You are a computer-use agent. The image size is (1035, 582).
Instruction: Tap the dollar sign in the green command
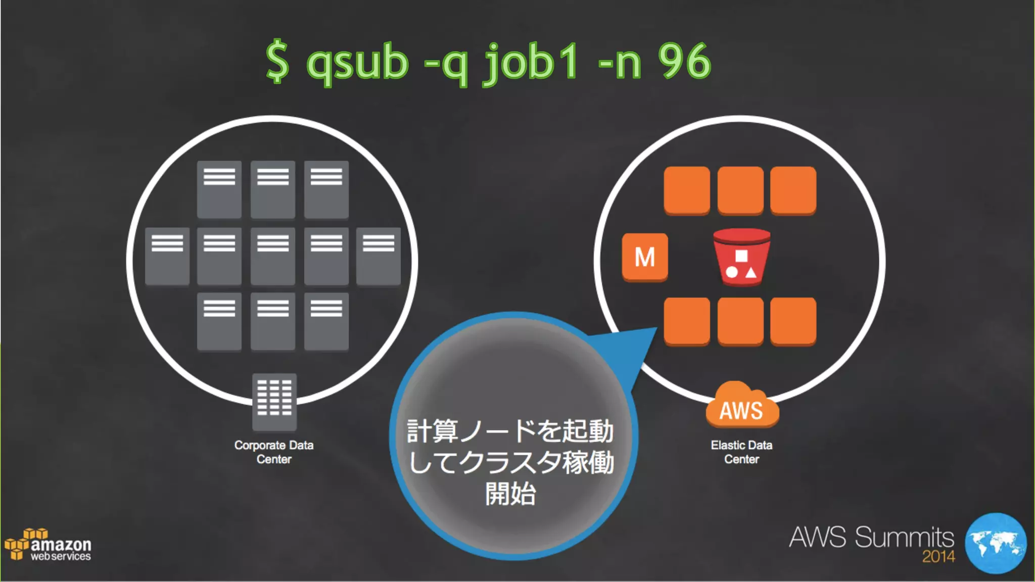277,62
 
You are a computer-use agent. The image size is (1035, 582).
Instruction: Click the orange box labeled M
644,257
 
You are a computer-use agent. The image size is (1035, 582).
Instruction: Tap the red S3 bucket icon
741,257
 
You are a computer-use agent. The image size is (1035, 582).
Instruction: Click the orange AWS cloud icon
741,405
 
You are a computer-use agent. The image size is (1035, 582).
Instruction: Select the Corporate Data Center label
274,452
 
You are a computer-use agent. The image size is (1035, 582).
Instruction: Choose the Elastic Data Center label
741,452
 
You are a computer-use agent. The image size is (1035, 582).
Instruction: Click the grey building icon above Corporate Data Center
274,401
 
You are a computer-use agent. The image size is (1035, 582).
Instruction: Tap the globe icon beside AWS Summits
995,543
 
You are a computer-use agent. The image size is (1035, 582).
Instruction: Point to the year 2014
938,557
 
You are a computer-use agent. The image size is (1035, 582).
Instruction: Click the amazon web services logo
49,546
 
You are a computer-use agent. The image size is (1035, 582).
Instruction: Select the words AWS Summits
871,537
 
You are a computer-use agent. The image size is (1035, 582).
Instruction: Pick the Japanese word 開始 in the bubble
510,494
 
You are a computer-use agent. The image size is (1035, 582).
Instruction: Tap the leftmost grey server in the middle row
167,256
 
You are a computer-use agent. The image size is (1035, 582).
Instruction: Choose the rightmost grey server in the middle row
379,256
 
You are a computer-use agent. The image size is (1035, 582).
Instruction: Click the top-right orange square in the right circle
793,190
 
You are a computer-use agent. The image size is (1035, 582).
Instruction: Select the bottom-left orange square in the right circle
687,321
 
